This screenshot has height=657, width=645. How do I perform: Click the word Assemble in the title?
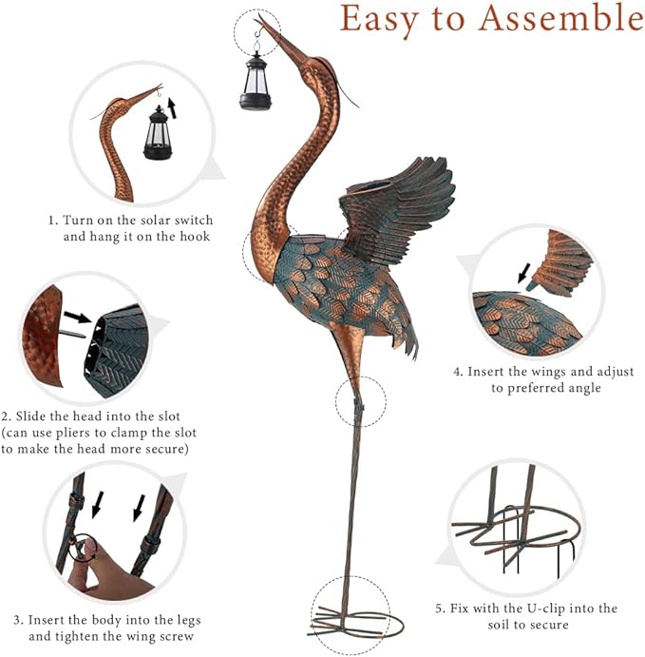[x=561, y=19]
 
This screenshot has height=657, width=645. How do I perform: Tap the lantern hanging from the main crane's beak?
[x=256, y=81]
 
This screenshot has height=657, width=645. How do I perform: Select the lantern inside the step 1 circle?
[x=159, y=133]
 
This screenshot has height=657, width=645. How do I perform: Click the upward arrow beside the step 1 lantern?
[x=172, y=108]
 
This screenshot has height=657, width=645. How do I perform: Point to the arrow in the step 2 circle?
[x=78, y=318]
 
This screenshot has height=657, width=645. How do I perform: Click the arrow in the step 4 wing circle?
[x=523, y=273]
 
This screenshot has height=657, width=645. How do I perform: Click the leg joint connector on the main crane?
[x=358, y=406]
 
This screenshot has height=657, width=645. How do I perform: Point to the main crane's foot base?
[x=356, y=625]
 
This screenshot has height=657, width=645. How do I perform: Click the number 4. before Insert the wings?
[x=459, y=372]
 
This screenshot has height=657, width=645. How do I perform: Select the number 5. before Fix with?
[x=441, y=609]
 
